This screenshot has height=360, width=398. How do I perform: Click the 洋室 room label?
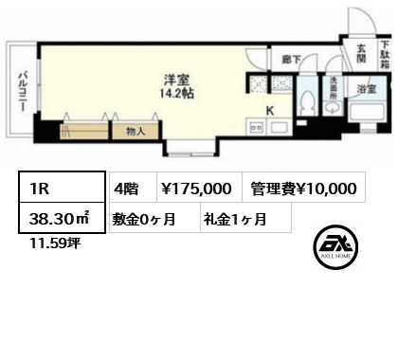pyautogui.click(x=176, y=81)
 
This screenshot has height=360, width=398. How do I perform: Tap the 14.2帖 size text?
pyautogui.click(x=177, y=94)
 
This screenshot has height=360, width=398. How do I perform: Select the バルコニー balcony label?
pyautogui.click(x=23, y=92)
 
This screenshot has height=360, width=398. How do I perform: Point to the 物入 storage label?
pyautogui.click(x=136, y=131)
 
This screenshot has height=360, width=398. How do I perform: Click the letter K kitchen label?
pyautogui.click(x=270, y=111)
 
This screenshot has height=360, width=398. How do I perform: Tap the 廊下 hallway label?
pyautogui.click(x=292, y=60)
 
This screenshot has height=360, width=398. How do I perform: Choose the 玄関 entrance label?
pyautogui.click(x=362, y=53)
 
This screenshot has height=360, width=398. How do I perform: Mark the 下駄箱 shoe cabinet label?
pyautogui.click(x=385, y=55)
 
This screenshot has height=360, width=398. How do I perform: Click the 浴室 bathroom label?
pyautogui.click(x=367, y=89)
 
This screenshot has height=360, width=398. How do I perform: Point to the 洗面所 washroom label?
pyautogui.click(x=334, y=89)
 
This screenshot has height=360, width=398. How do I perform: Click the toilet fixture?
pyautogui.click(x=308, y=102)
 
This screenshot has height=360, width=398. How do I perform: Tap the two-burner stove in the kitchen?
pyautogui.click(x=256, y=128)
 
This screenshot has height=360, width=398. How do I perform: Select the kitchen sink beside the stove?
pyautogui.click(x=279, y=128)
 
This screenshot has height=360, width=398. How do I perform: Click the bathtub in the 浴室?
pyautogui.click(x=368, y=113)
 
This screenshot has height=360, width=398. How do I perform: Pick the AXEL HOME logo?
pyautogui.click(x=335, y=247)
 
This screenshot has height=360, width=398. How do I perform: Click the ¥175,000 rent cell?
pyautogui.click(x=200, y=188)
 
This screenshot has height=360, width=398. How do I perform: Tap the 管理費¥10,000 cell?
pyautogui.click(x=304, y=188)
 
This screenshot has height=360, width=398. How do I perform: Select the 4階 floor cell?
pyautogui.click(x=133, y=188)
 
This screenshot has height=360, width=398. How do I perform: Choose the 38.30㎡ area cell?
pyautogui.click(x=62, y=218)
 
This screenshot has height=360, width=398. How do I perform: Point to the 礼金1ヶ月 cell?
pyautogui.click(x=245, y=218)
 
